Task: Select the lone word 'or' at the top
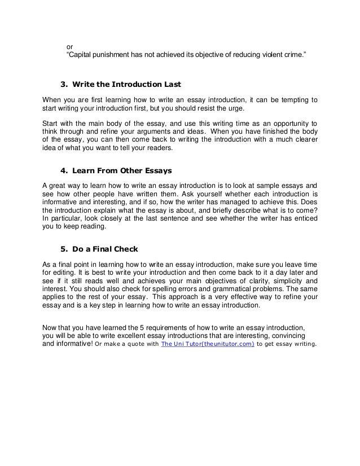click(70, 46)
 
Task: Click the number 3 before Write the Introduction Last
click(63, 85)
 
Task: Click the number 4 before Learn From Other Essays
click(63, 170)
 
